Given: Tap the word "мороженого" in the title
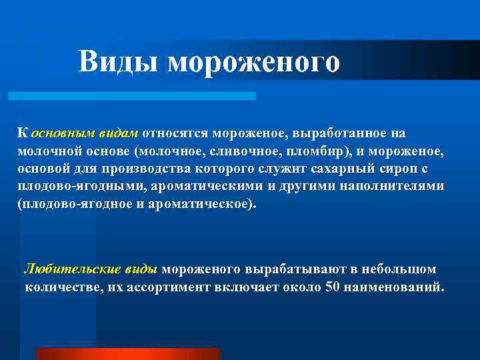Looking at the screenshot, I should click(x=254, y=62).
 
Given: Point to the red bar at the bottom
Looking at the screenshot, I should click(x=127, y=353).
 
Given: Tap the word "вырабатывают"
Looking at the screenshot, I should click(x=289, y=270).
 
